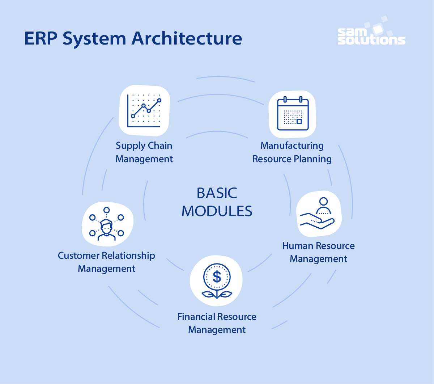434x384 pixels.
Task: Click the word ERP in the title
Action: (41, 39)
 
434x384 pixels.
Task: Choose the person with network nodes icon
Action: (107, 224)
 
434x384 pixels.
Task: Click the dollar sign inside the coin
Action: (217, 277)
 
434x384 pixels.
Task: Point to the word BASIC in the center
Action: (217, 193)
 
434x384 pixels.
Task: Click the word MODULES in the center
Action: (217, 211)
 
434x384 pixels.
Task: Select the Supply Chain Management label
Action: (144, 152)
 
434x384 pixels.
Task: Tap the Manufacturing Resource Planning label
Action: (292, 152)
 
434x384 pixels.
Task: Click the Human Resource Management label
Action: (318, 252)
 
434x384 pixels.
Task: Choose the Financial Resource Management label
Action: (217, 323)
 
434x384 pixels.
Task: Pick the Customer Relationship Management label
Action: (107, 262)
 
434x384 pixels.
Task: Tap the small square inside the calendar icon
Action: (299, 121)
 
